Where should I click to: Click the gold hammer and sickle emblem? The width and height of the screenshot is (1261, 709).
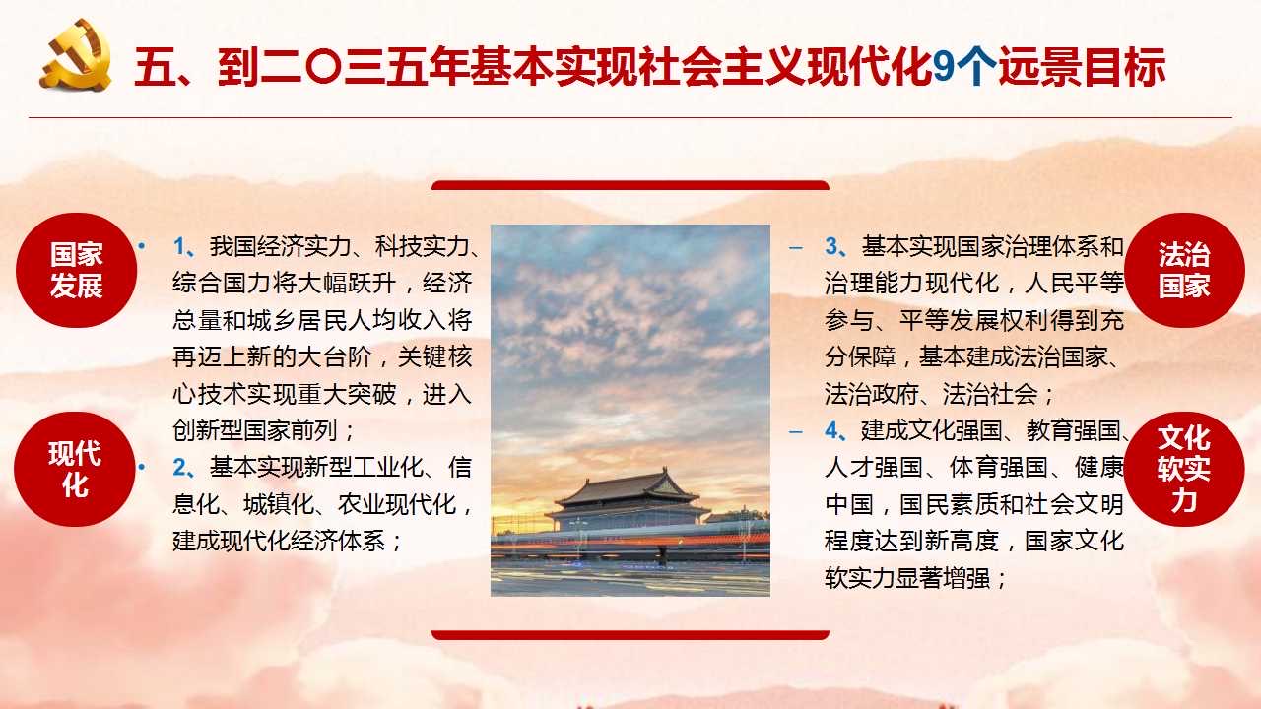pyautogui.click(x=76, y=55)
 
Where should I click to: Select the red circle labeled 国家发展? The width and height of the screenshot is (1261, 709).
pyautogui.click(x=76, y=270)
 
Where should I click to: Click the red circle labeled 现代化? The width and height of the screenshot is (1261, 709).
pyautogui.click(x=75, y=469)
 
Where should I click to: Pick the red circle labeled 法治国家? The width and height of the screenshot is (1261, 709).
pyautogui.click(x=1184, y=270)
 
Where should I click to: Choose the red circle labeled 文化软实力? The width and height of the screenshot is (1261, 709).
pyautogui.click(x=1183, y=469)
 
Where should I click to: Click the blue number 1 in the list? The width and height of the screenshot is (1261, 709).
pyautogui.click(x=179, y=246)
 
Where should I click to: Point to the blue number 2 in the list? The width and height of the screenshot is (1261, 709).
pyautogui.click(x=179, y=468)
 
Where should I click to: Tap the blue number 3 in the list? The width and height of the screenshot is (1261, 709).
pyautogui.click(x=831, y=246)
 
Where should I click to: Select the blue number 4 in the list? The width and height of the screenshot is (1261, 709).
pyautogui.click(x=831, y=431)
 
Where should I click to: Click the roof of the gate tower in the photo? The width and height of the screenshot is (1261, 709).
pyautogui.click(x=628, y=487)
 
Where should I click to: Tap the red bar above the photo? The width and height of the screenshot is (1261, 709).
pyautogui.click(x=630, y=185)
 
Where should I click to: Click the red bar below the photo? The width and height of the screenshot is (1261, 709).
pyautogui.click(x=630, y=635)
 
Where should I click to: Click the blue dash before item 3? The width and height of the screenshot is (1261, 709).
pyautogui.click(x=795, y=247)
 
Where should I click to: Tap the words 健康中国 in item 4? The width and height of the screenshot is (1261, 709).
pyautogui.click(x=974, y=485)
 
